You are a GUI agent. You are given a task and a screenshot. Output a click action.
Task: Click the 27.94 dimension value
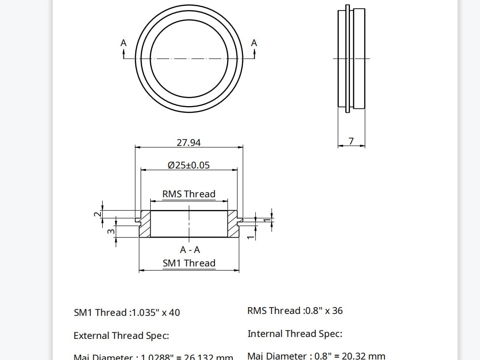[x=189, y=142]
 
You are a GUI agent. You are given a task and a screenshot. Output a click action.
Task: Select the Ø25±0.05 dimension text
[x=189, y=165]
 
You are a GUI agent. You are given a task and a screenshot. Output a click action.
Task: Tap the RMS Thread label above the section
[x=189, y=194]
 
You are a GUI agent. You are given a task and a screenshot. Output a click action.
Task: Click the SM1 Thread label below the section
[x=189, y=263]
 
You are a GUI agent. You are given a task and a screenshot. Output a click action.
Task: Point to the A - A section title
[x=190, y=250]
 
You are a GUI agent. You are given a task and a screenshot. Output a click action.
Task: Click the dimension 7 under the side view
[x=351, y=141]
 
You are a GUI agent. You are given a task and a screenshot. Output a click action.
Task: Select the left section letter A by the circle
[x=123, y=43]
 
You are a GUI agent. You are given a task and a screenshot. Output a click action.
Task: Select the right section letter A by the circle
[x=254, y=43]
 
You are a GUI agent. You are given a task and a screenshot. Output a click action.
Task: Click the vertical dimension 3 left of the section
[x=111, y=231]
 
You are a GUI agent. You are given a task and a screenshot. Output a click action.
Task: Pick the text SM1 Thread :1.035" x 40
[x=127, y=312]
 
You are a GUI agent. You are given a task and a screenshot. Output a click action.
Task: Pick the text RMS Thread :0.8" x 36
[x=295, y=311]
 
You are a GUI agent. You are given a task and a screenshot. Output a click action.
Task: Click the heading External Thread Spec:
[x=121, y=336]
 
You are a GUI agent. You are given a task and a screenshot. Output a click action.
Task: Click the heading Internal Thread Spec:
[x=295, y=334]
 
